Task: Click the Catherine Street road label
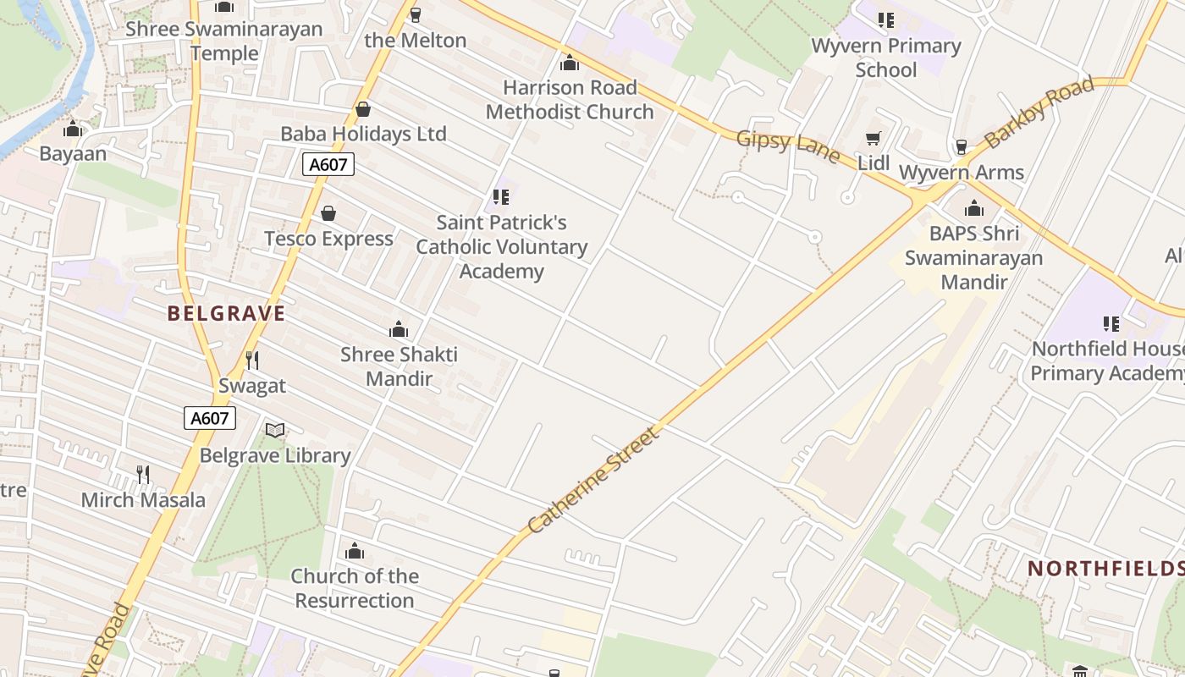592,481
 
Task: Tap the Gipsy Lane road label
788,146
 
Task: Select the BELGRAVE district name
226,314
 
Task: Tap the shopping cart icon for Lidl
873,138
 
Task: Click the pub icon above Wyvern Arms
961,147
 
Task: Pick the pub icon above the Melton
415,15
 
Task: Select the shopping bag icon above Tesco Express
328,213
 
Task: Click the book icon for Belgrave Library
275,431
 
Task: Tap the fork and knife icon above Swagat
251,361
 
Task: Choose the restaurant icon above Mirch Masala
143,475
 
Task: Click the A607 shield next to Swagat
210,418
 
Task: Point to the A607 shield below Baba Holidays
328,164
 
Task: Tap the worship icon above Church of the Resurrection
355,552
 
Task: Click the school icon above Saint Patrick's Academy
501,197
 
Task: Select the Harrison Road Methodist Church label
570,100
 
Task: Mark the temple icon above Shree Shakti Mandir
399,329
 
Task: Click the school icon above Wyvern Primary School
885,20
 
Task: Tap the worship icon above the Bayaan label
73,129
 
